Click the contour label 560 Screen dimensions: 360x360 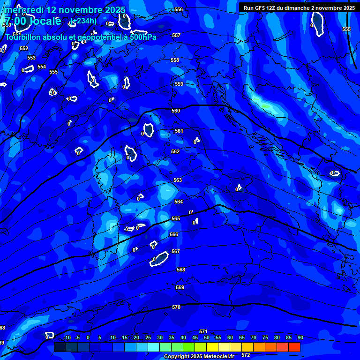tap(176, 111)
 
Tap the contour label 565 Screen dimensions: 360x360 tap(176, 219)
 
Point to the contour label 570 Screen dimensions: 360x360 tap(176, 307)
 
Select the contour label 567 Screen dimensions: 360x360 tap(176, 252)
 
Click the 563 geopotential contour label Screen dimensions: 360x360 tap(178, 180)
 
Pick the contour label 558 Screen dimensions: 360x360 tap(175, 60)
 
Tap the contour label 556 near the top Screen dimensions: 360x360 tap(179, 10)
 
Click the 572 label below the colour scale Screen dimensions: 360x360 tap(246, 355)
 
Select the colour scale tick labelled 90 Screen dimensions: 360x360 tap(300, 338)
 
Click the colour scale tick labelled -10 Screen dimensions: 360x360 tap(67, 338)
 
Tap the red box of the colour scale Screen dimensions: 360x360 tap(294, 347)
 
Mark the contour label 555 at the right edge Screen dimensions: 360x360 tap(346, 30)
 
